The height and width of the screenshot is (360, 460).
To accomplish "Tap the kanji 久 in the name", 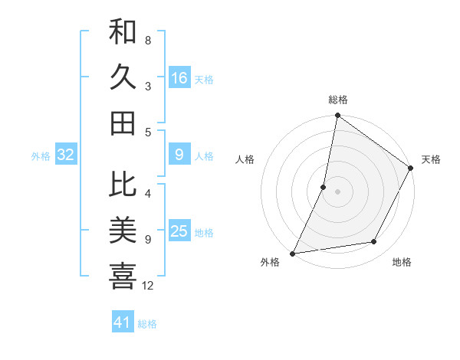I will click(x=123, y=78).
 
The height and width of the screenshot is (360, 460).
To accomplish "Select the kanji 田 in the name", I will click(x=123, y=123).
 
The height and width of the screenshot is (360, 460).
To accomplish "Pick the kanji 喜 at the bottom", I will click(x=123, y=274).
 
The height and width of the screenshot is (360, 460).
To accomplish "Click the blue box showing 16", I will click(x=179, y=78).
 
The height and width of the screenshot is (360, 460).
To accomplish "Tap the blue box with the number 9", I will click(x=179, y=155).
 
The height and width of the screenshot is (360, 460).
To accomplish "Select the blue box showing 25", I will click(x=179, y=231).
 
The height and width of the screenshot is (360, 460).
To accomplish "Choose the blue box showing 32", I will click(x=66, y=155).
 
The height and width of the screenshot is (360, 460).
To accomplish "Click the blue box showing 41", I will click(x=123, y=322).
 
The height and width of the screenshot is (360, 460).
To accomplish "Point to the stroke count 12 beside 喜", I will click(x=148, y=286).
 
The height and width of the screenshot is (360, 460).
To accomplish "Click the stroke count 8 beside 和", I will click(x=148, y=40).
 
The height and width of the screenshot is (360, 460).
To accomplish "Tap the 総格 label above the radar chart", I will click(x=337, y=100).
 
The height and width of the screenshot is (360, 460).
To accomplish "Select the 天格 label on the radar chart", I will click(x=431, y=159).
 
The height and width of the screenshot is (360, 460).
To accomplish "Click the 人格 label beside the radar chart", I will click(x=245, y=159).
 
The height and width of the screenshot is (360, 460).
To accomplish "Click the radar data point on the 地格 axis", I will click(x=374, y=242).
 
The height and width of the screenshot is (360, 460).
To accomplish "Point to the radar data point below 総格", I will click(x=337, y=116).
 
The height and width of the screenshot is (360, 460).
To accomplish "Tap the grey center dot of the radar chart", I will click(x=337, y=191).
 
